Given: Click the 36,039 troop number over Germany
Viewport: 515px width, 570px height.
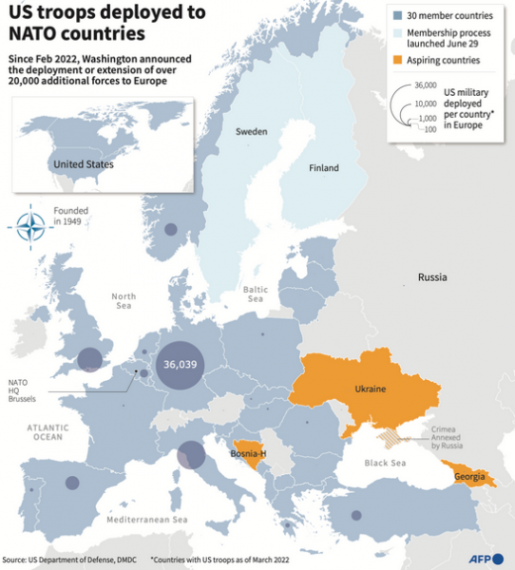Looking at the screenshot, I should point(180,365).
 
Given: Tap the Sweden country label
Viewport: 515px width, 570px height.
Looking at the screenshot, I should point(252,131).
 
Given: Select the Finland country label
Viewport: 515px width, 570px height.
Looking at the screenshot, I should point(323,168).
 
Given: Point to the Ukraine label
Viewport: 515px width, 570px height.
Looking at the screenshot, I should point(370,389).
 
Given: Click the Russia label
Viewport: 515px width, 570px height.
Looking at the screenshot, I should point(432,277).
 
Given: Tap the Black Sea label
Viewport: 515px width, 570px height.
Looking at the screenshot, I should point(385,463).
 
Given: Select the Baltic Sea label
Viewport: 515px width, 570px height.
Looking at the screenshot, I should point(254,293).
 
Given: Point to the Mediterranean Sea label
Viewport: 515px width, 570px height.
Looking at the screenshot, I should point(147,520).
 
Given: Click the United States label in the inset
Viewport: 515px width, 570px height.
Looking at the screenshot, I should point(83,164).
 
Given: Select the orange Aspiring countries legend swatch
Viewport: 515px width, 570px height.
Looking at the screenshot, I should point(397,60).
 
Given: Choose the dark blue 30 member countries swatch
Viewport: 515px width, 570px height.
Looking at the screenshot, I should point(397,16).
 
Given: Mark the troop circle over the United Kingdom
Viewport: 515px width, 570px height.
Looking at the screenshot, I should point(89,359).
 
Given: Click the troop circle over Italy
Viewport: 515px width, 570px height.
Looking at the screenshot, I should point(191,455).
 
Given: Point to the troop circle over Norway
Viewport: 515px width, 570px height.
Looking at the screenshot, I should point(170,229).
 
